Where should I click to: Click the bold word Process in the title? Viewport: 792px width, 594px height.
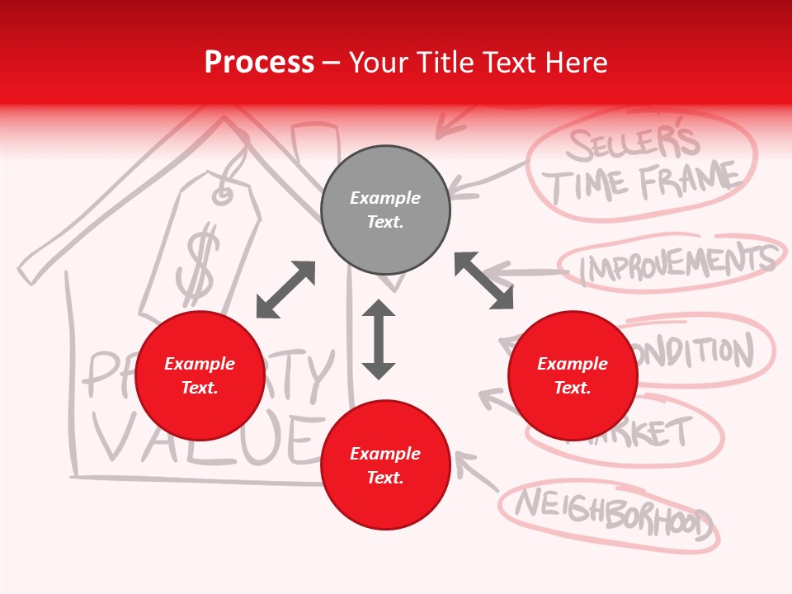point(259,63)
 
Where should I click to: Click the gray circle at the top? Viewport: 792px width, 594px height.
point(385,210)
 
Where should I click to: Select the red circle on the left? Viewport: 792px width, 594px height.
point(200,375)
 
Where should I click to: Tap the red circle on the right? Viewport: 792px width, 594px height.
point(573,375)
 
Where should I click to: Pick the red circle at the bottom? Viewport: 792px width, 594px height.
point(385,465)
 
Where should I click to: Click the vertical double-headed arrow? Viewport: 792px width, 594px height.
point(379,339)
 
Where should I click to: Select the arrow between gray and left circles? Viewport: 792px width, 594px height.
point(285,290)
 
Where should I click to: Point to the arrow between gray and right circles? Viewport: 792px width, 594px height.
point(483,280)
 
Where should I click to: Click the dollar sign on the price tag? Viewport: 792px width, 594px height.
point(199,266)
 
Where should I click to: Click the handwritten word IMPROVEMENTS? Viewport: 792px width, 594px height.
point(676,263)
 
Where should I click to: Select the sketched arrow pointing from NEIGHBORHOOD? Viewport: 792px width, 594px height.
point(474,470)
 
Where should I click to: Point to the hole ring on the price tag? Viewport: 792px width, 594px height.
point(223,196)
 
